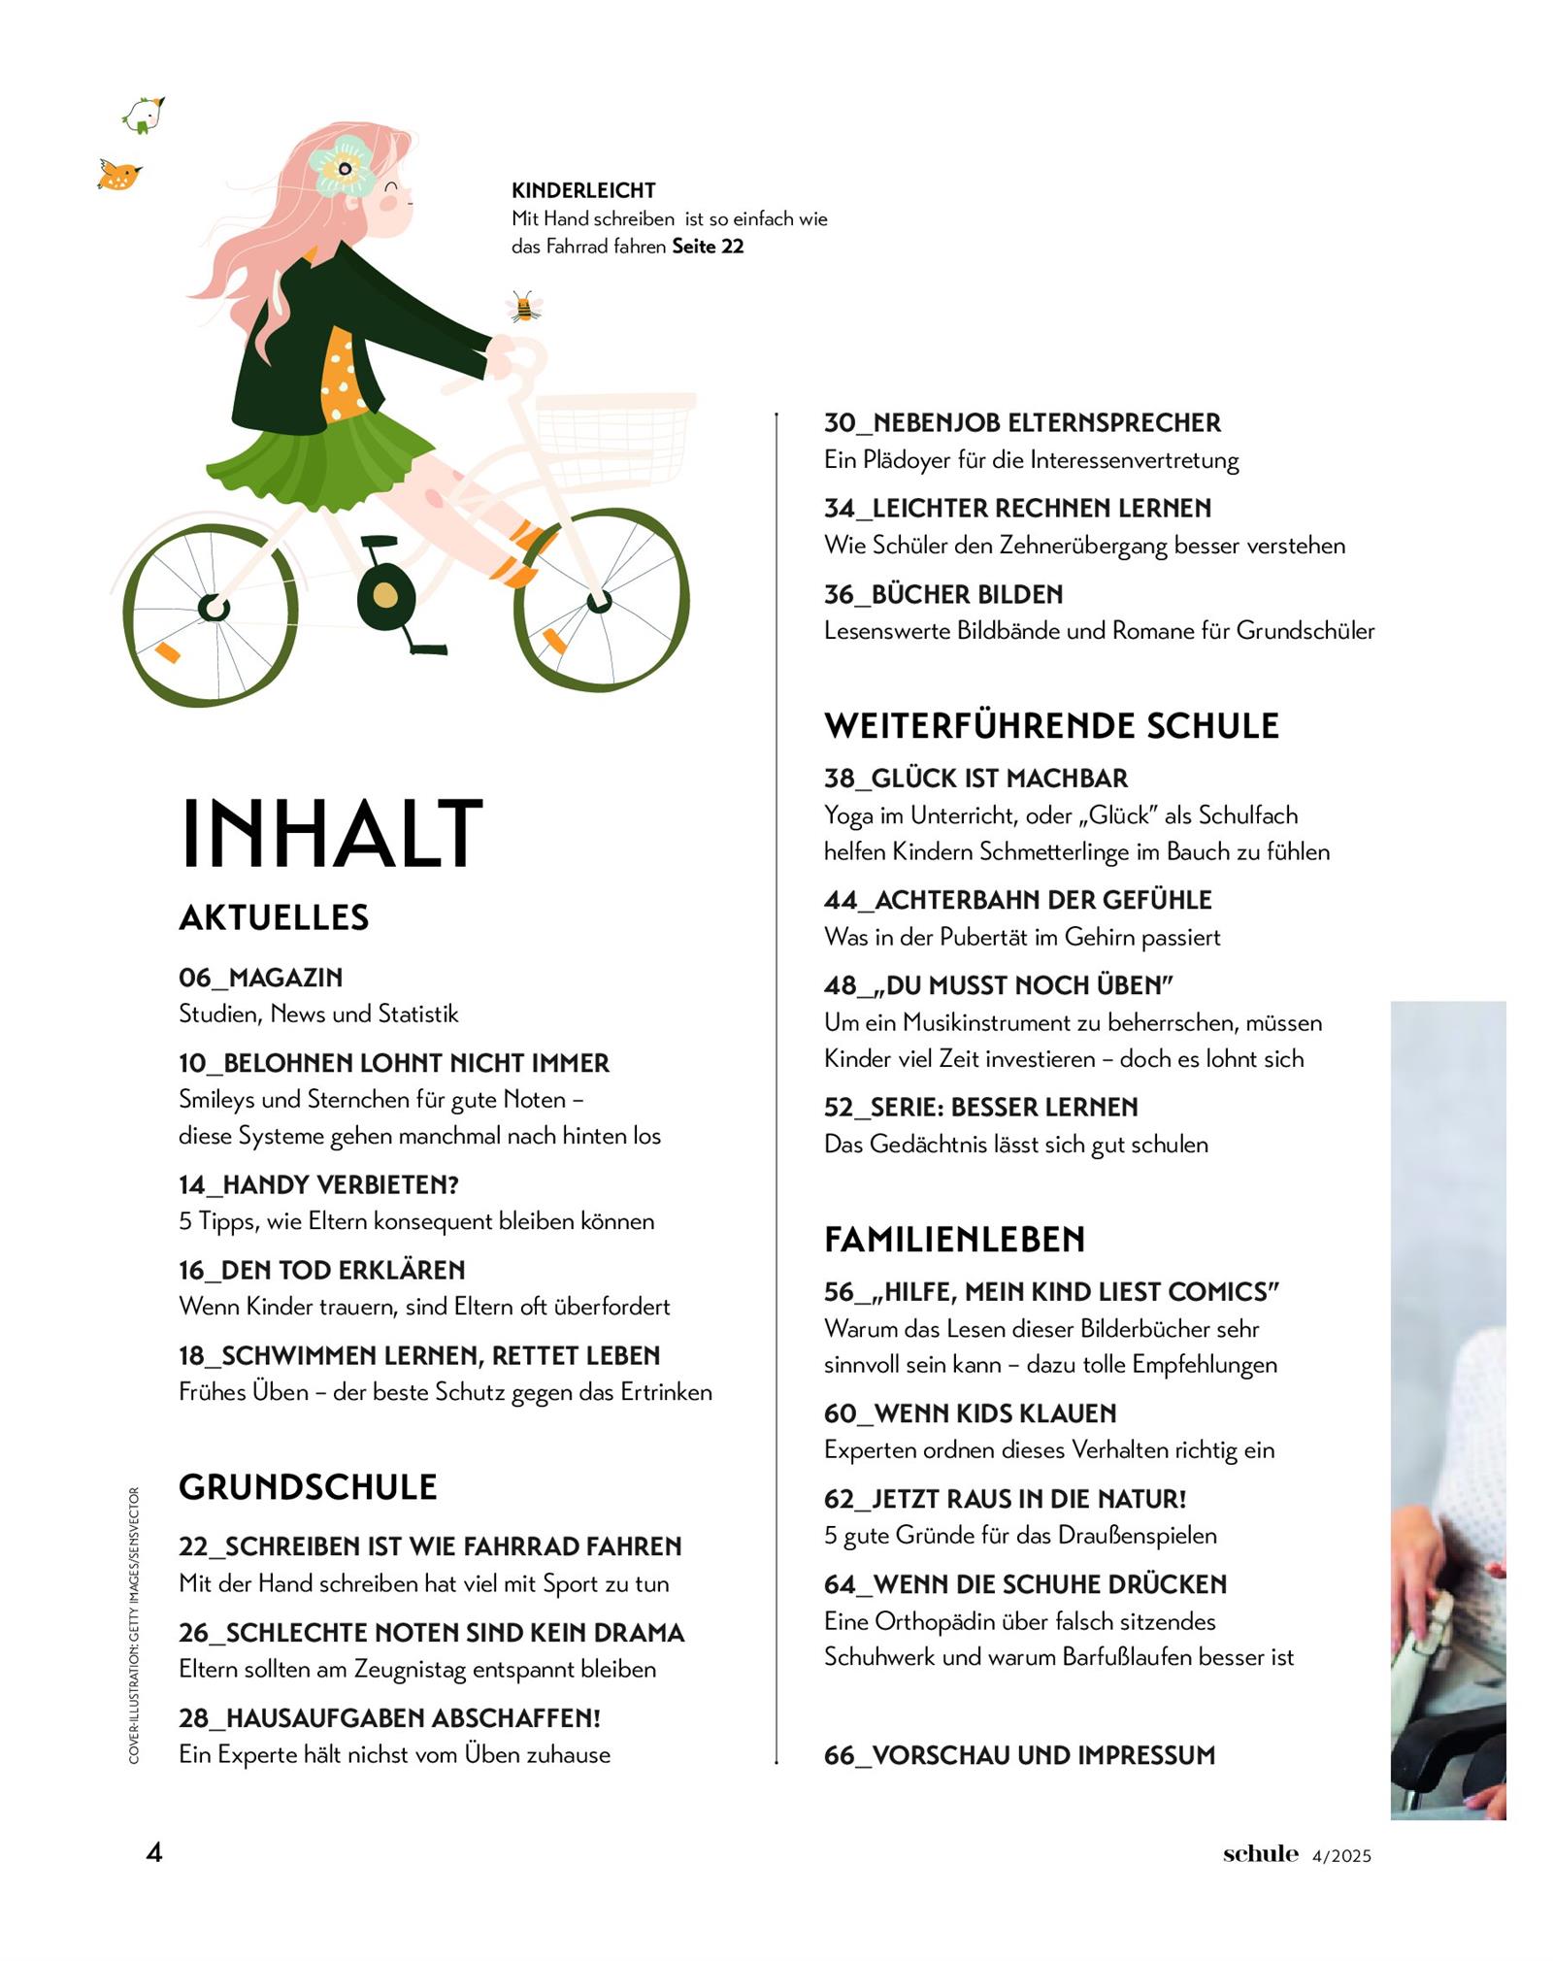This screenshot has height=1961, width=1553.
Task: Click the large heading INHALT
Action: point(331,832)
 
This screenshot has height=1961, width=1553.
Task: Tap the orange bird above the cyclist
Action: point(119,175)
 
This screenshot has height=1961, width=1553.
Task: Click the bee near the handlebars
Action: point(523,307)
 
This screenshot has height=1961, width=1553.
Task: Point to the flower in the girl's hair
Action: point(343,167)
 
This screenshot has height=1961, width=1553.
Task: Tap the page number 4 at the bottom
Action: point(154,1852)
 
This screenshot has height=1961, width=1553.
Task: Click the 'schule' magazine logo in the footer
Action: point(1260,1853)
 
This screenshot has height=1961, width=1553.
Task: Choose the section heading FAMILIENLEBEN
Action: point(954,1240)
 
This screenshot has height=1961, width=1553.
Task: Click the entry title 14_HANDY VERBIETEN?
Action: point(318,1184)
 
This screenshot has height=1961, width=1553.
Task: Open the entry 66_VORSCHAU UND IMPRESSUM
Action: point(1019,1755)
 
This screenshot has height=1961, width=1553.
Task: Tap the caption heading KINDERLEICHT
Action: point(583,190)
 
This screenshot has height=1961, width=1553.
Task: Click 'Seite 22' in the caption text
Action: point(708,247)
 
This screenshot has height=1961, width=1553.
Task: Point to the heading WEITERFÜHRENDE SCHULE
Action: point(1051,726)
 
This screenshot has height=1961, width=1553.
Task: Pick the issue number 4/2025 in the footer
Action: point(1341,1856)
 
